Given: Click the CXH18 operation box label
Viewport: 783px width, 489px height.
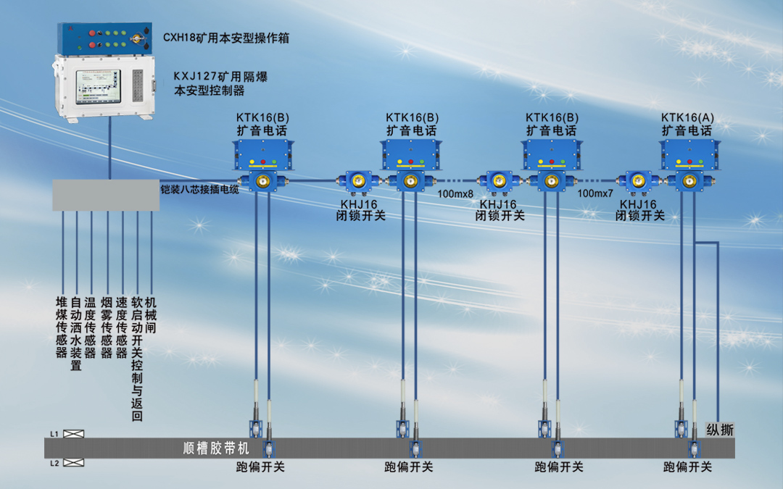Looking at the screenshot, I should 225,38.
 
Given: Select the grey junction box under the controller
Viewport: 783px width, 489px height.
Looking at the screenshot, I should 106,195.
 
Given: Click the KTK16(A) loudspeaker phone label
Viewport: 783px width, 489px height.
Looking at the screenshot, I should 687,124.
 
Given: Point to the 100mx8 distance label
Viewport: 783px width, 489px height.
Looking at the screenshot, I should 455,194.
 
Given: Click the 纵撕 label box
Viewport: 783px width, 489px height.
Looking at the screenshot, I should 720,430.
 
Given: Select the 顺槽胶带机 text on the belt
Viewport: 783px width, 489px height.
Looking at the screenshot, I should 216,448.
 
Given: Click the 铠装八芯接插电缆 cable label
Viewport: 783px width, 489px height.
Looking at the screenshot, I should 199,190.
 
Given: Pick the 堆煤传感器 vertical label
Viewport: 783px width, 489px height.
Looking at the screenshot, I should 62,327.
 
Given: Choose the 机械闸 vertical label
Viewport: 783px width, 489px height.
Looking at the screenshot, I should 151,314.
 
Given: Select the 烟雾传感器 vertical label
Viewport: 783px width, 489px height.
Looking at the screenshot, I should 107,327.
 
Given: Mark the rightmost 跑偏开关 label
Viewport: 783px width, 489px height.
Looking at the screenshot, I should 687,467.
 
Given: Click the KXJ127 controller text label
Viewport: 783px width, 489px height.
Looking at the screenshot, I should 220,83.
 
